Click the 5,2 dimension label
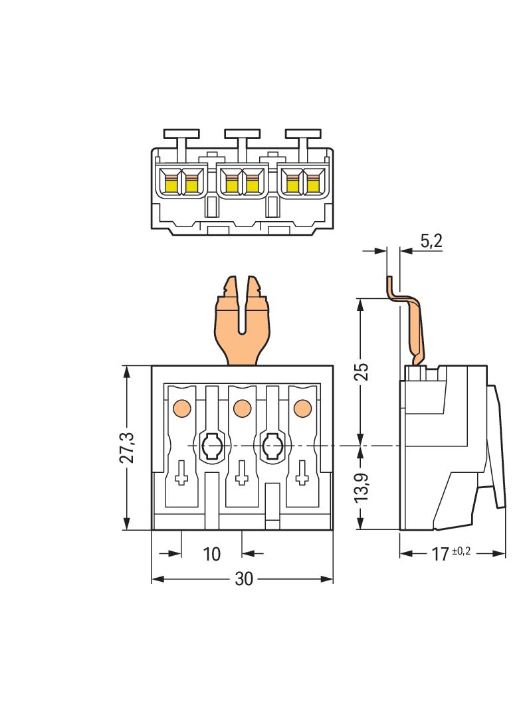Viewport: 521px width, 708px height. (x=431, y=241)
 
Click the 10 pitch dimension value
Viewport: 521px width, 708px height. (x=211, y=553)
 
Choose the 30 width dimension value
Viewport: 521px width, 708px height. (x=244, y=579)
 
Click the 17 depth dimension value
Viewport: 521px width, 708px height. (x=440, y=554)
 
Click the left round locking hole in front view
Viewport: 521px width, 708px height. (x=212, y=446)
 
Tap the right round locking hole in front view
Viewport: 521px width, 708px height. (x=272, y=446)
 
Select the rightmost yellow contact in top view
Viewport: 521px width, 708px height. (x=312, y=183)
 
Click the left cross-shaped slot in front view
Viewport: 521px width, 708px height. (x=181, y=472)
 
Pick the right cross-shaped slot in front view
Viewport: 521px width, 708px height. (x=303, y=472)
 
